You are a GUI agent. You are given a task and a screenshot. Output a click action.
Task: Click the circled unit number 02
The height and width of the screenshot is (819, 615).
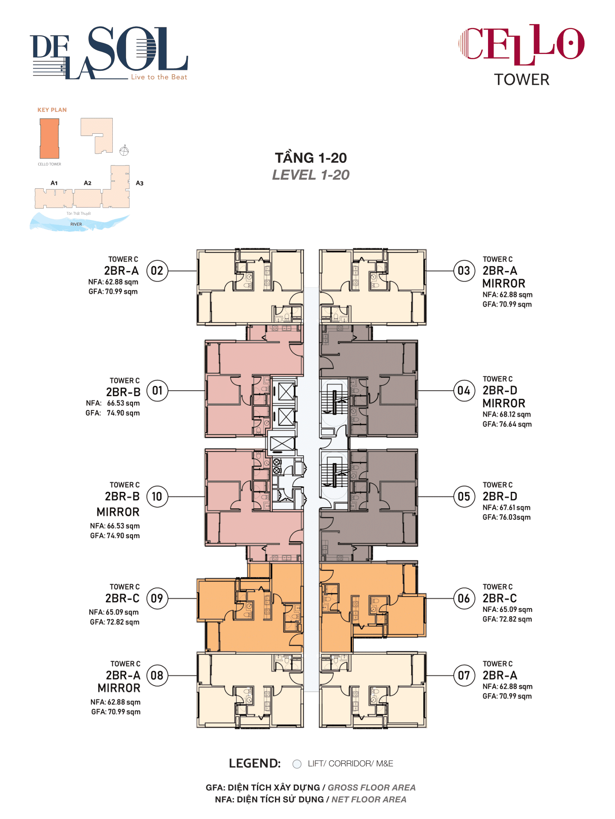tap(157, 271)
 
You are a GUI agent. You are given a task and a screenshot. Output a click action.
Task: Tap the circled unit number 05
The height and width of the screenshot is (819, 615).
tap(464, 497)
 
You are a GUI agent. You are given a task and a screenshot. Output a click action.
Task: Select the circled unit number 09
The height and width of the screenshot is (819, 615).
tap(157, 598)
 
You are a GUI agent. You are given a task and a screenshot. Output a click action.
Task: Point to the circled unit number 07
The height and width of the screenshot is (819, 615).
tap(464, 675)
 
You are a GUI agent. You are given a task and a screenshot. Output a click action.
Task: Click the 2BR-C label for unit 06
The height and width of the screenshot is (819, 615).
tap(500, 598)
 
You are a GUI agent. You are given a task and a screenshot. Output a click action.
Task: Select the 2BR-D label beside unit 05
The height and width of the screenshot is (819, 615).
tap(500, 497)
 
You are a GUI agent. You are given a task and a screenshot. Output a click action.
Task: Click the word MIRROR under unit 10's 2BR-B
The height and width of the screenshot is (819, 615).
tap(118, 512)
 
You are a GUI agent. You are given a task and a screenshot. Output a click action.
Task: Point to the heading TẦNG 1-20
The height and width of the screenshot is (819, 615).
tap(311, 158)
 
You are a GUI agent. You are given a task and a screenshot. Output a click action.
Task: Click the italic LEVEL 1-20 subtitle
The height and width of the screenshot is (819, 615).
tap(311, 175)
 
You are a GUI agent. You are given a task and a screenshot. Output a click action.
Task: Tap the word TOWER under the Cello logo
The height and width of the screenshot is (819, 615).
tap(522, 80)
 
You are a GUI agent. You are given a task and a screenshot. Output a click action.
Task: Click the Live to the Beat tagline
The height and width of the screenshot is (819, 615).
tap(159, 77)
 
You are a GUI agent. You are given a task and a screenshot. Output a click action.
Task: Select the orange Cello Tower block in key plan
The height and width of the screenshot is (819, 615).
tap(49, 139)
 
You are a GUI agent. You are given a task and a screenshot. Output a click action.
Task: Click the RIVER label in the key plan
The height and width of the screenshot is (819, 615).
tap(76, 224)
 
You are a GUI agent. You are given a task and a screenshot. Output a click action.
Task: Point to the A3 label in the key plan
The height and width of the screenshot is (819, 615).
tap(139, 183)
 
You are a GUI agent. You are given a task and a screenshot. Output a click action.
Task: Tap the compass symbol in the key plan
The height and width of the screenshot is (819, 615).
tap(124, 151)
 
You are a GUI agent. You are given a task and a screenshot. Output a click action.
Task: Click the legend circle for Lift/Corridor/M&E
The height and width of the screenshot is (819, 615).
tap(297, 764)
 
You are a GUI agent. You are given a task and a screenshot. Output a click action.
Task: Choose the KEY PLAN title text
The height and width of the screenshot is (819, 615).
tap(52, 110)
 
